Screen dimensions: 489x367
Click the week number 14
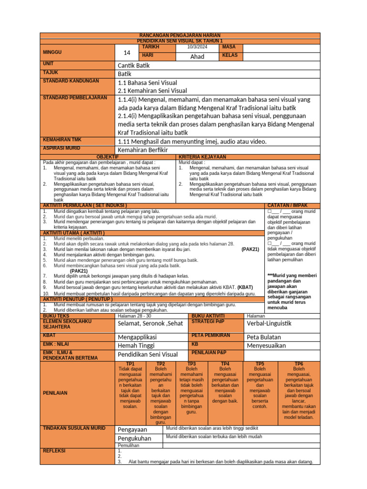(127, 53)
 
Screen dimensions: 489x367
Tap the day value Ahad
(197, 56)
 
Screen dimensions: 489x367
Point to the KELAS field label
(229, 56)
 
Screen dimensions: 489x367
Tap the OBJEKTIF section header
(108, 157)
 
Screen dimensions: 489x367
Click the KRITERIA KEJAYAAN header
(203, 157)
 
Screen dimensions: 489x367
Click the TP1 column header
(130, 364)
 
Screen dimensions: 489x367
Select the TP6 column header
(299, 364)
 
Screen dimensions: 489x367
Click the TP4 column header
(225, 364)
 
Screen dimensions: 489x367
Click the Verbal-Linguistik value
(269, 324)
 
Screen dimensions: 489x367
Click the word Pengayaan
(132, 429)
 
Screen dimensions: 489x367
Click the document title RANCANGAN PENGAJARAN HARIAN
(180, 36)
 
